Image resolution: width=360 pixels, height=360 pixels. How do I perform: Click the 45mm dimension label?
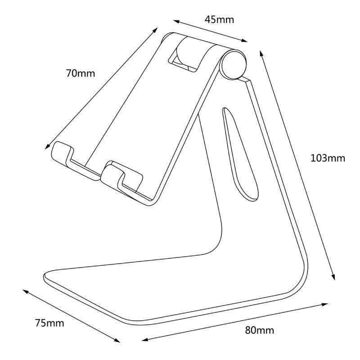[219, 20]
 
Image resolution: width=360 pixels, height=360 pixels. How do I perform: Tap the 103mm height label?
[328, 158]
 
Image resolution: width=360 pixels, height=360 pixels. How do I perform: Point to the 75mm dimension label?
[49, 323]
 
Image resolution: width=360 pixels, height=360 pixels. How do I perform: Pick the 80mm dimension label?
[260, 330]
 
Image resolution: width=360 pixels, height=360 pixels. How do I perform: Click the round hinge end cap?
[234, 64]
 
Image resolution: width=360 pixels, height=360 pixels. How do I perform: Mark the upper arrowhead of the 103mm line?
[261, 52]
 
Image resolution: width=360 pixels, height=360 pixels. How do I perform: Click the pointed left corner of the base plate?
[44, 274]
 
